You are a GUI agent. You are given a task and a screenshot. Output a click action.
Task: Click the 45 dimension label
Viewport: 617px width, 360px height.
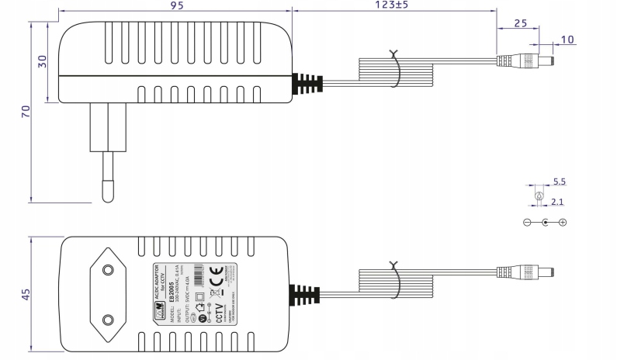coord(26,294)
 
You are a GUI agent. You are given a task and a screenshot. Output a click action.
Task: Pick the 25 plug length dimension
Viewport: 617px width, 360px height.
coord(522,24)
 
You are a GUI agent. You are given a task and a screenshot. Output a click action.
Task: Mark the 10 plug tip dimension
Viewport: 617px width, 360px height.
coord(568,39)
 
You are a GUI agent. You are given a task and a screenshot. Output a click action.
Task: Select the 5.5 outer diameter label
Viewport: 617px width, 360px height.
coord(560,183)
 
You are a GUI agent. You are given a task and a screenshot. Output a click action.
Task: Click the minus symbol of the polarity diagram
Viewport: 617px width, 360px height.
coord(528,223)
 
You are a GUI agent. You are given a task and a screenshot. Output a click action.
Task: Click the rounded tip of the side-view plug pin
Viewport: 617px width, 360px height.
coord(106,194)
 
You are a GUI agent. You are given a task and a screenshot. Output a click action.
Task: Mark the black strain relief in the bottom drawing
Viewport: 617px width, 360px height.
coord(305,294)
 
